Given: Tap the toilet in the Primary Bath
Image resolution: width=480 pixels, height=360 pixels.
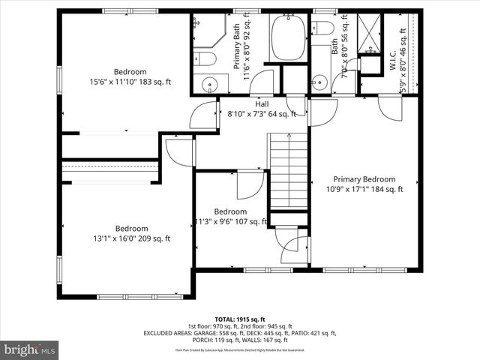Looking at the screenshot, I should point(205,58).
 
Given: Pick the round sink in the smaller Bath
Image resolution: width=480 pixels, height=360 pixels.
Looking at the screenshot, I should point(320,81).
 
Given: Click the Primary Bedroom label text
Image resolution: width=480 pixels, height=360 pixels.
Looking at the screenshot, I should point(364,179).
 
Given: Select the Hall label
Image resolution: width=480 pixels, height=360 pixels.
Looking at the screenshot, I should point(262,104).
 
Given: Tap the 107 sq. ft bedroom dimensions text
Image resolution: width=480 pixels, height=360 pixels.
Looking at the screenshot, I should point(230,221).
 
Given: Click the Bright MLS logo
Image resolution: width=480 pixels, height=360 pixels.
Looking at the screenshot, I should point(31,349).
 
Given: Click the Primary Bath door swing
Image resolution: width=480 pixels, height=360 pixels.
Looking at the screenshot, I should point(261,82).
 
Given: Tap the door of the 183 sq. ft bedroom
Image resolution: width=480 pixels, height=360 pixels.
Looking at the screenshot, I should point(202,116).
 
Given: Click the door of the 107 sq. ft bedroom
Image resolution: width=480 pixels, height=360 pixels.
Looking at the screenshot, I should point(250,184).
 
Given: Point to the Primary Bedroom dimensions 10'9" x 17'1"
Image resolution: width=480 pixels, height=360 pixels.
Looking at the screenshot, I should point(364,190).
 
